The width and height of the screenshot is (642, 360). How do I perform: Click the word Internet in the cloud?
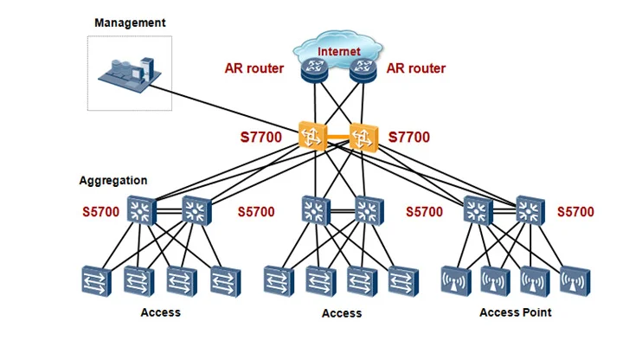coord(339,52)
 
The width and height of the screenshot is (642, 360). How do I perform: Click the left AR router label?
coord(254,68)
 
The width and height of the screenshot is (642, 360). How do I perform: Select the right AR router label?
coord(416,68)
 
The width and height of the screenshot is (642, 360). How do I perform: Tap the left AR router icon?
coord(313,70)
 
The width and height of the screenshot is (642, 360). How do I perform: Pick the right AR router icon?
coord(363,70)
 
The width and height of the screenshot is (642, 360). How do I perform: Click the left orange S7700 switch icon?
coord(311,135)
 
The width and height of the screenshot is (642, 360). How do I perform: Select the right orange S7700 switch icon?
coord(363,135)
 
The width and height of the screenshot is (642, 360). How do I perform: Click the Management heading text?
coord(130,23)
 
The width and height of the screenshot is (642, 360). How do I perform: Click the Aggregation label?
coord(112,181)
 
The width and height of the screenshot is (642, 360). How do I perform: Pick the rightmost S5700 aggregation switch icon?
coord(530,209)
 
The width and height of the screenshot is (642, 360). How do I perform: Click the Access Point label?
coord(516,312)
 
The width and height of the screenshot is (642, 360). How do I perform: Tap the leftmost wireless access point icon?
coord(455,281)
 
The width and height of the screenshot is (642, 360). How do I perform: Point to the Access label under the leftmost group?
coord(161,312)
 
